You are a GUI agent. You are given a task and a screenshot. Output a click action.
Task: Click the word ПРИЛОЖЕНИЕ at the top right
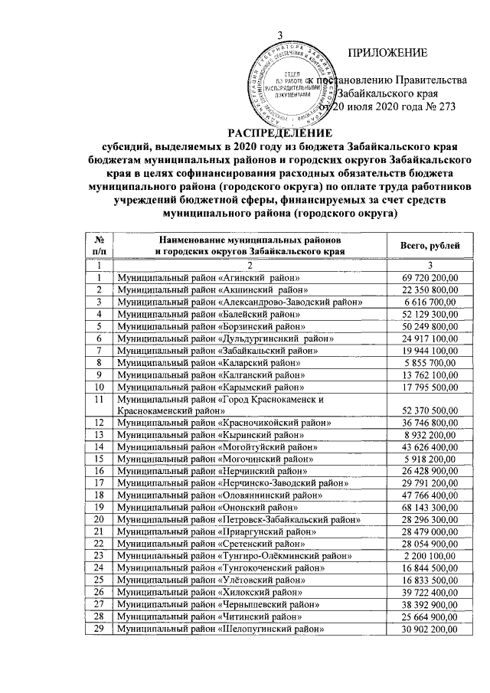(x=387, y=53)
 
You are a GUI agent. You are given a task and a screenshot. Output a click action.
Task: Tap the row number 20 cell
(x=99, y=522)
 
